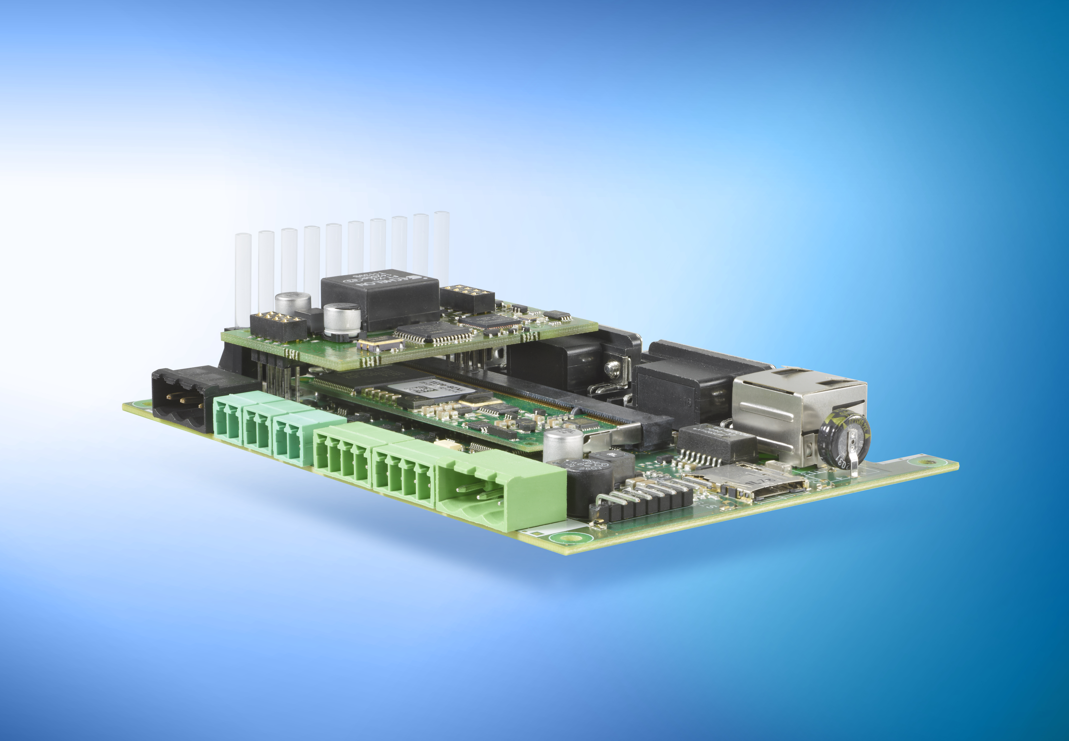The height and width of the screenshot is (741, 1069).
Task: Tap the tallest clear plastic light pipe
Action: (x=441, y=246)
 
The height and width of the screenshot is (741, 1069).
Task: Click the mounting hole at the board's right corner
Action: (x=925, y=462)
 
